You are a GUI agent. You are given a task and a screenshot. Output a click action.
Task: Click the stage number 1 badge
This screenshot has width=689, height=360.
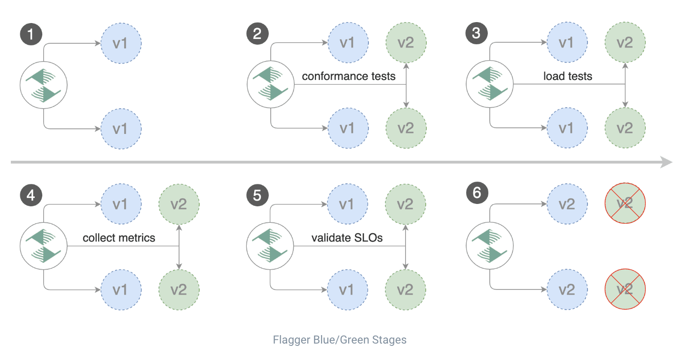pos(31,34)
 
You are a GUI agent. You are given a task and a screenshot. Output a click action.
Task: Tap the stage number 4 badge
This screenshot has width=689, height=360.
pos(31,195)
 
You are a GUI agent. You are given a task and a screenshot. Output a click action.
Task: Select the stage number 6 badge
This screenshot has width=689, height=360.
pos(477,193)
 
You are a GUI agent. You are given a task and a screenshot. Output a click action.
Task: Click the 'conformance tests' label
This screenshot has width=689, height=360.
pos(348,76)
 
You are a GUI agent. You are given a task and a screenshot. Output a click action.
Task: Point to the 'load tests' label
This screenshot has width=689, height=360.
pos(567,76)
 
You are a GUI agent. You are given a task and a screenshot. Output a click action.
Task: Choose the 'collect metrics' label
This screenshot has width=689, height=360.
pos(119,238)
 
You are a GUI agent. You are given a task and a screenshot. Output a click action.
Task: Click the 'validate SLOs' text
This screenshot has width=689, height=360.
pos(347,238)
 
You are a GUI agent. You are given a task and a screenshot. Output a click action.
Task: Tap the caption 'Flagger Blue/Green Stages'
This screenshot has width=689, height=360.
pos(339,339)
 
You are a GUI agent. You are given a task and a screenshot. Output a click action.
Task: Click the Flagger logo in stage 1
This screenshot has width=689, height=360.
pos(44,85)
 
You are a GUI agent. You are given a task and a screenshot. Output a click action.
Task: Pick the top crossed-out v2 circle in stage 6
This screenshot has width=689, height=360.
pos(625,203)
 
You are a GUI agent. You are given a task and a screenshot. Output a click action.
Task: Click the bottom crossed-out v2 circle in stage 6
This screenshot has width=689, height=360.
pos(625,289)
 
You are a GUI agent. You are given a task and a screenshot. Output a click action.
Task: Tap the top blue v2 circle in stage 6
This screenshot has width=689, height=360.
pos(567,203)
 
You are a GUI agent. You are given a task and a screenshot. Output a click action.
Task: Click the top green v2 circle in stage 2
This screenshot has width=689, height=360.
pos(406,43)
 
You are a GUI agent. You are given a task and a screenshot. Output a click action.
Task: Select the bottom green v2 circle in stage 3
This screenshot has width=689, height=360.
pos(625,128)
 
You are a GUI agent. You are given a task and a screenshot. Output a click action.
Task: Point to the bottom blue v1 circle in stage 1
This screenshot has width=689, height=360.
pos(121,128)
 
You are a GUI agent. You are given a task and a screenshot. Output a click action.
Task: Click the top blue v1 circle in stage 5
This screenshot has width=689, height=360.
pos(346,204)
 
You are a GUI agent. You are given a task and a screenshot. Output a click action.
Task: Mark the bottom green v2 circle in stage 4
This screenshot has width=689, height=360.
pos(179,289)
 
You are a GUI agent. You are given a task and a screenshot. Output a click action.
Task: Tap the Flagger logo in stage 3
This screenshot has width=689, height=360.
pos(489,85)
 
